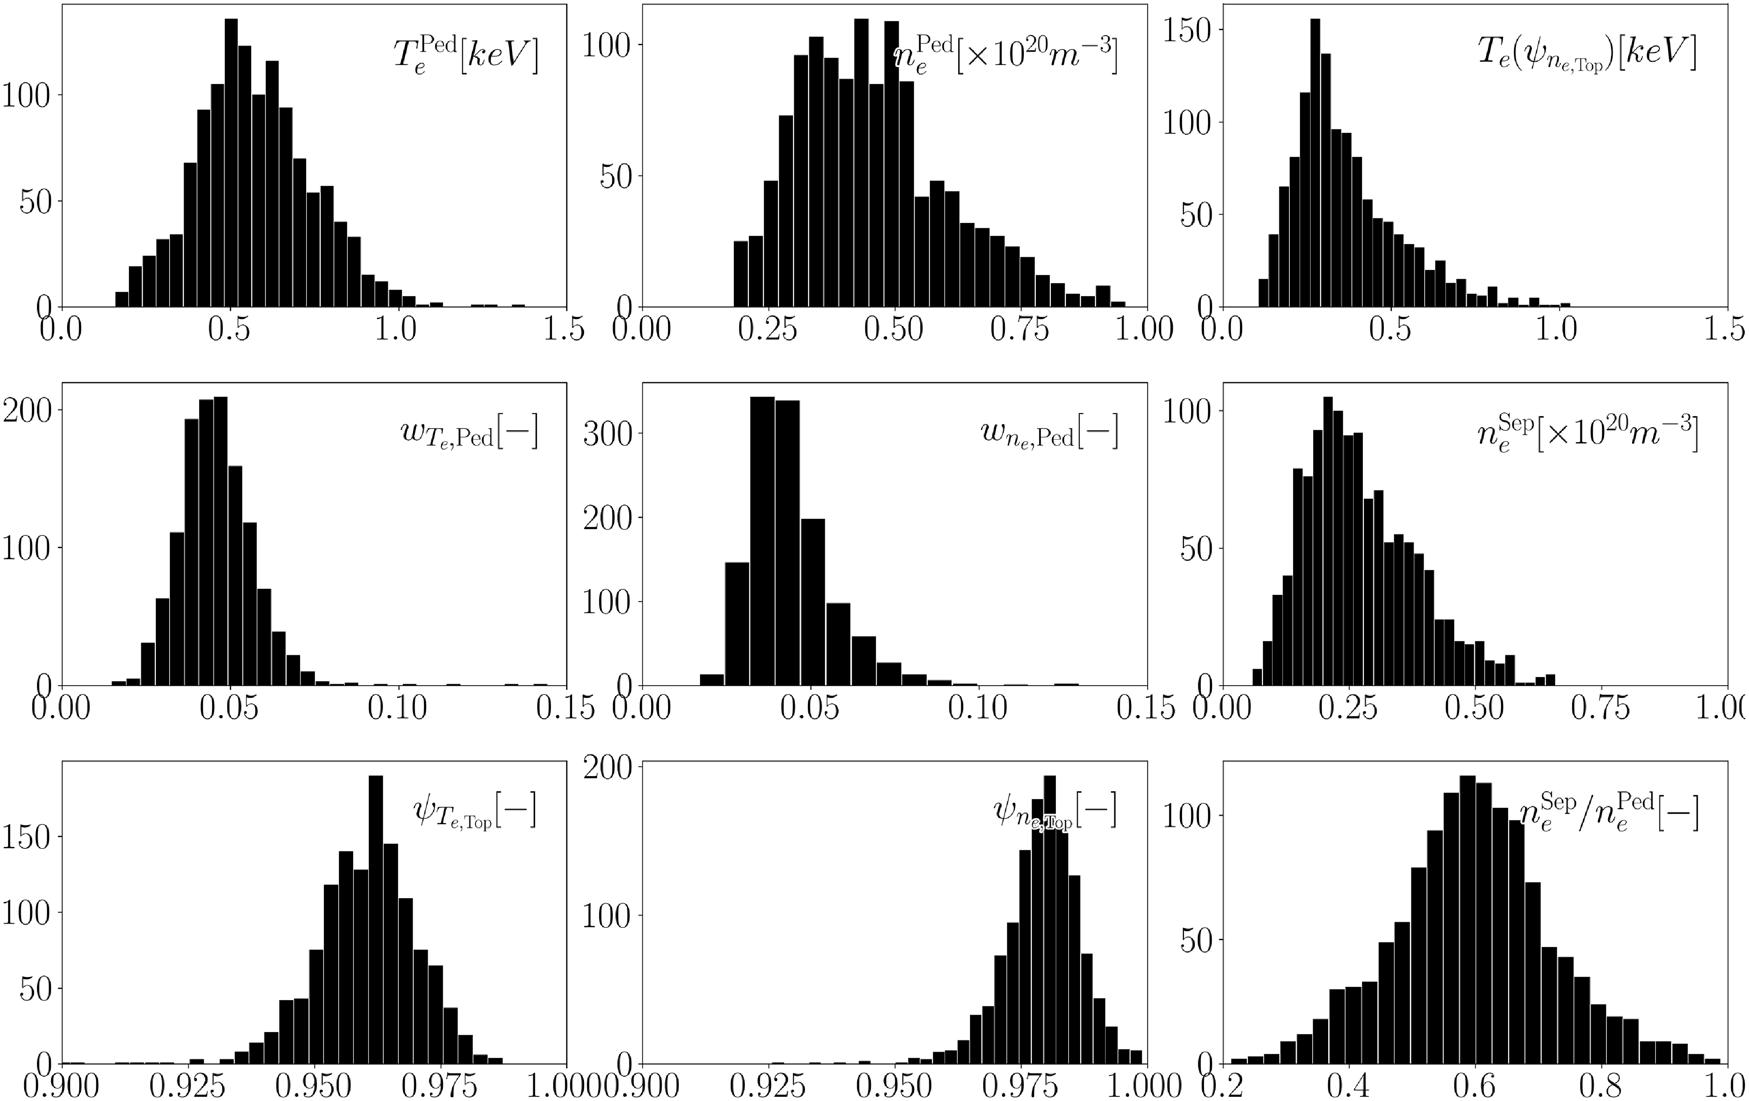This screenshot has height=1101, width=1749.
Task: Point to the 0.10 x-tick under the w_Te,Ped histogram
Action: point(397,707)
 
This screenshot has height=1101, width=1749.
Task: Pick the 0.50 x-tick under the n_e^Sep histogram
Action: point(1474,707)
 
